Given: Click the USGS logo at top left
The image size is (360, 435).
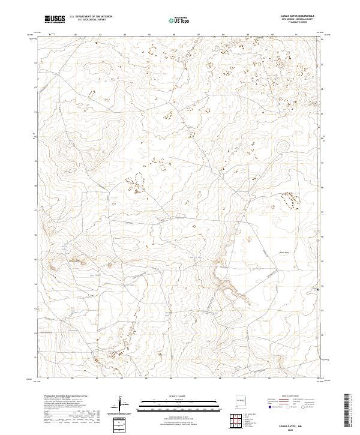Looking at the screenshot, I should click(x=55, y=19).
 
